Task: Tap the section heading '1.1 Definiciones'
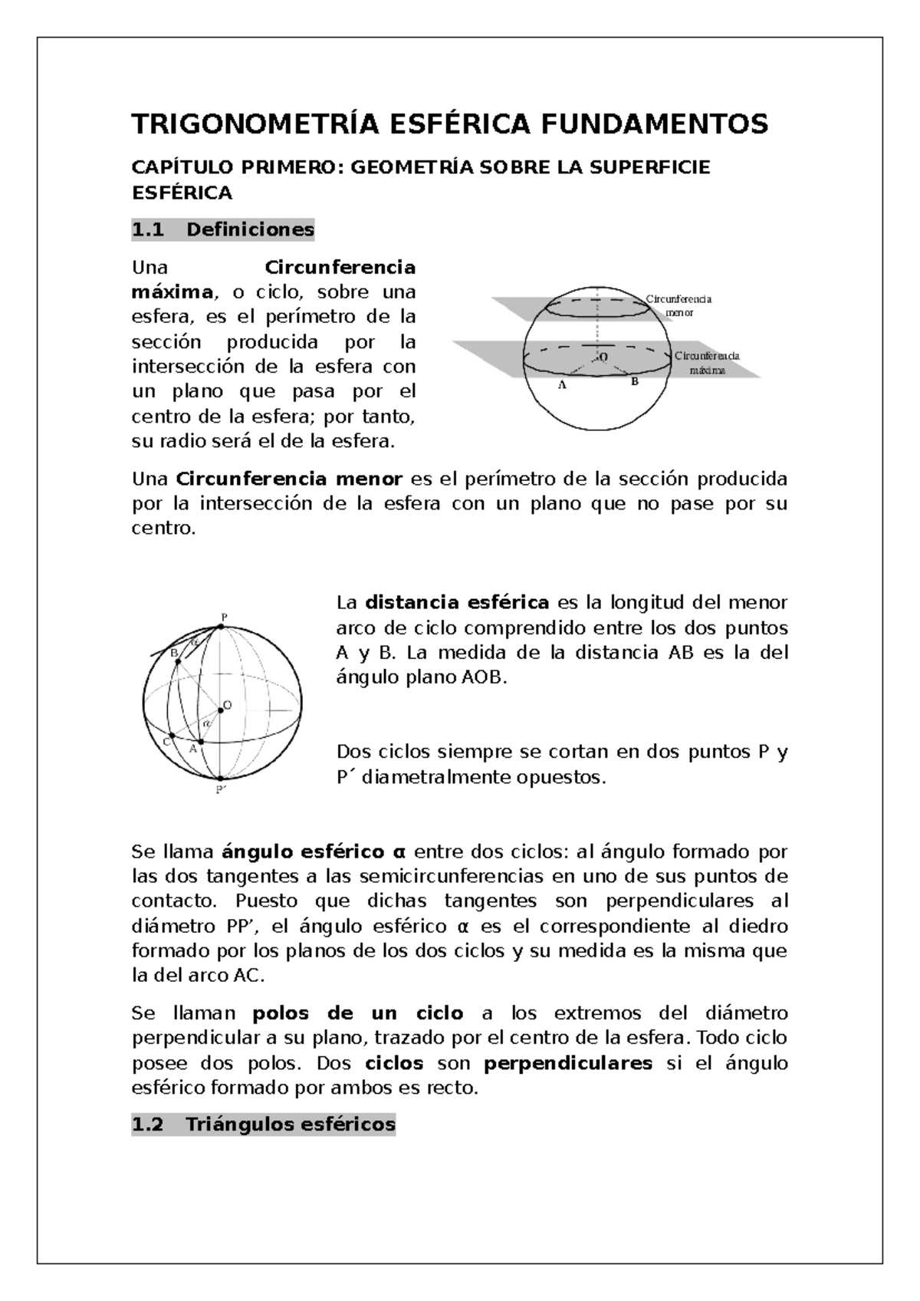[223, 229]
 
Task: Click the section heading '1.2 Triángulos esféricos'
[264, 1125]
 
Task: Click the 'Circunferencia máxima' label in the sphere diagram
[707, 362]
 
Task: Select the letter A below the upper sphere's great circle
[562, 387]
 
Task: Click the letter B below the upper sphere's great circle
[634, 381]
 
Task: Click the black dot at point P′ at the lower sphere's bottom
[220, 778]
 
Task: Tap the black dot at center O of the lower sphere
[221, 710]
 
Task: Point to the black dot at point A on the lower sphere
[201, 742]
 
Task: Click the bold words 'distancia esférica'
[457, 602]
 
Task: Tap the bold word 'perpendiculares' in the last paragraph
[568, 1063]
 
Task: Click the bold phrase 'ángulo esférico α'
[312, 851]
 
